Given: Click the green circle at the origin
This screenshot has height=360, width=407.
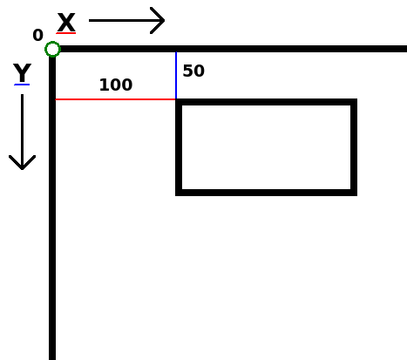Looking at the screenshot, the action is (x=52, y=43).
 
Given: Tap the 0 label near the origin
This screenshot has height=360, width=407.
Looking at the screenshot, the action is (x=38, y=35).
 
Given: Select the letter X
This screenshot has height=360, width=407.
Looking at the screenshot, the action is (x=66, y=22).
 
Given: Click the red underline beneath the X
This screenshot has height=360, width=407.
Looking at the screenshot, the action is (x=66, y=33).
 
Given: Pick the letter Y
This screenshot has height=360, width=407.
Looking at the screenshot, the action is (x=22, y=72).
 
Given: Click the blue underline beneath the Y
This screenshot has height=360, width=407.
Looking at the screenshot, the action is (x=22, y=85).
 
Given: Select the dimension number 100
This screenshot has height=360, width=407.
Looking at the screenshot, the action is (x=116, y=85).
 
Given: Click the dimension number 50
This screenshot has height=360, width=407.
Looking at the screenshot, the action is (x=193, y=71).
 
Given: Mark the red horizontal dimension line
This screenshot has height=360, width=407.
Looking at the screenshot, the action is (x=115, y=99).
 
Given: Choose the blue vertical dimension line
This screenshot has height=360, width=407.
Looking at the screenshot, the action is (x=176, y=75).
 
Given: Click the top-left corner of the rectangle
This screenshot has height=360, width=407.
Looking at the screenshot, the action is (x=176, y=99).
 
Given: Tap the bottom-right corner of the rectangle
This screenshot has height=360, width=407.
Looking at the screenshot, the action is (x=356, y=195).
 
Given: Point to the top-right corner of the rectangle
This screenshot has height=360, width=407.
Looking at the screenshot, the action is (x=356, y=99).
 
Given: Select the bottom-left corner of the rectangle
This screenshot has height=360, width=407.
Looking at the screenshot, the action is (x=176, y=195).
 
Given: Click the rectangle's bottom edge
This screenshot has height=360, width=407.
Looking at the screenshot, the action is (x=266, y=193).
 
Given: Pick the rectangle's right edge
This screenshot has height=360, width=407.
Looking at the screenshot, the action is (x=354, y=147).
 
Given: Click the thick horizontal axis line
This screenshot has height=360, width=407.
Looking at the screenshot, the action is (x=233, y=49).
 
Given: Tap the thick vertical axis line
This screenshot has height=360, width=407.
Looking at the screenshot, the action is (x=52, y=208).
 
